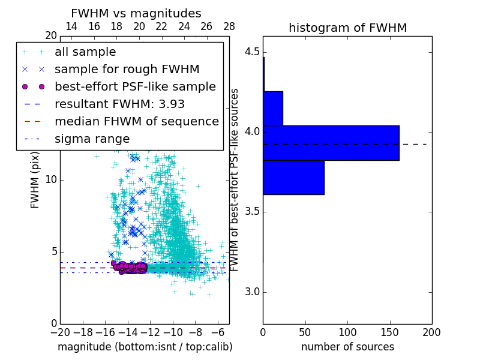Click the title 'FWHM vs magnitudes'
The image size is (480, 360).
point(136,13)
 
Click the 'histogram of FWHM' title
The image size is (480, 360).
point(347,28)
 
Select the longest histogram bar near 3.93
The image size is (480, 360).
point(331,143)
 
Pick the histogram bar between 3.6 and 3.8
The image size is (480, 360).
point(293,178)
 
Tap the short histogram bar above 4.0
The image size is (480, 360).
point(272,108)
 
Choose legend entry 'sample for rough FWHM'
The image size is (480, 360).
point(127,69)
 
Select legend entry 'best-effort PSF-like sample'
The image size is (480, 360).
point(135,86)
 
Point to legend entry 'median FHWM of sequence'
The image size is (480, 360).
point(136,121)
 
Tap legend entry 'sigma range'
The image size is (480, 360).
point(92,139)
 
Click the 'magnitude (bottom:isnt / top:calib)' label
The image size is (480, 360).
point(145,347)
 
